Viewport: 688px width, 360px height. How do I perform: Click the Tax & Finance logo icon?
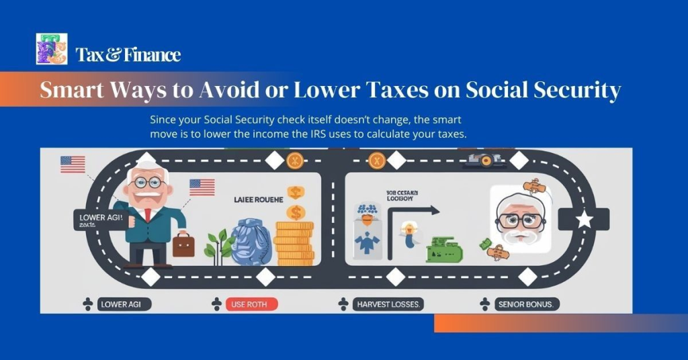coord(52,49)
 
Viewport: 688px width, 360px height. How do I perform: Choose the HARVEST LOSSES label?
coord(388,304)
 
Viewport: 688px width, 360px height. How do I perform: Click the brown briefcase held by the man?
coord(183,244)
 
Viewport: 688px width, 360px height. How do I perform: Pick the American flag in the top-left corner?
coord(73,164)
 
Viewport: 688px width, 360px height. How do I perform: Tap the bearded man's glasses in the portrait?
coord(519,220)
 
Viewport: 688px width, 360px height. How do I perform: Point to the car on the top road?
coord(482,159)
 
